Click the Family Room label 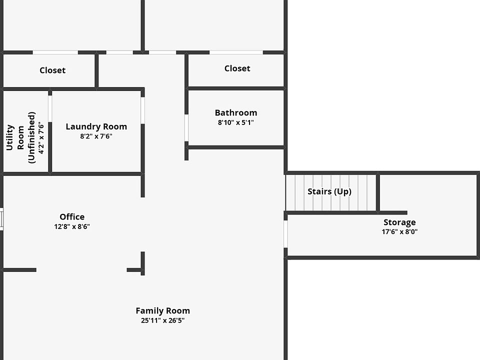pyautogui.click(x=162, y=310)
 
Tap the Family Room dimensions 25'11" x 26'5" pyautogui.click(x=162, y=321)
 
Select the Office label pyautogui.click(x=72, y=216)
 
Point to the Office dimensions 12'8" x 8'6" pyautogui.click(x=72, y=226)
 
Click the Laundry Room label pyautogui.click(x=96, y=126)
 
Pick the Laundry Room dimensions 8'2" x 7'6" pyautogui.click(x=96, y=136)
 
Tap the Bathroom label pyautogui.click(x=236, y=112)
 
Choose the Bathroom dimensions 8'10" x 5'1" pyautogui.click(x=236, y=122)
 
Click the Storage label pyautogui.click(x=399, y=222)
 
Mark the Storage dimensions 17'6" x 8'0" pyautogui.click(x=399, y=232)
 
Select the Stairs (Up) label pyautogui.click(x=329, y=191)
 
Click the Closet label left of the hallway pyautogui.click(x=52, y=70)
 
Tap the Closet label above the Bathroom pyautogui.click(x=237, y=68)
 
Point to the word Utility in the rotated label pyautogui.click(x=9, y=138)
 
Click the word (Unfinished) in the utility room pyautogui.click(x=32, y=137)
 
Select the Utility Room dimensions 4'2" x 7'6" pyautogui.click(x=41, y=138)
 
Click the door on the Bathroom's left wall pyautogui.click(x=186, y=128)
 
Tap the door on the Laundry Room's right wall pyautogui.click(x=142, y=110)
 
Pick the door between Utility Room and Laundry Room pyautogui.click(x=50, y=107)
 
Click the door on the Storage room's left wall pyautogui.click(x=286, y=234)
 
